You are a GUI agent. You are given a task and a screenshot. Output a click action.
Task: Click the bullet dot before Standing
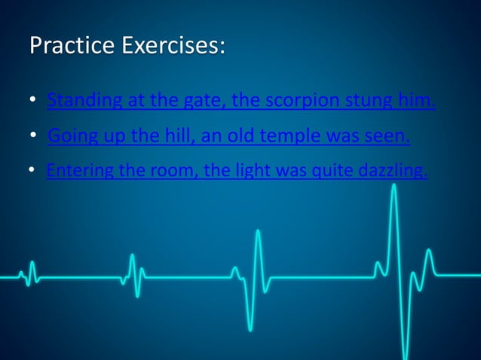pyautogui.click(x=33, y=100)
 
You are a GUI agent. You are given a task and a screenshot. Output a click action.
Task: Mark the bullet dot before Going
pyautogui.click(x=34, y=136)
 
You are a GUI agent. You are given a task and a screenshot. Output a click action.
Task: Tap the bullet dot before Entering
pyautogui.click(x=32, y=172)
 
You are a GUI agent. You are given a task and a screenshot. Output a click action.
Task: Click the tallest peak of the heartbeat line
pyautogui.click(x=394, y=185)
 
